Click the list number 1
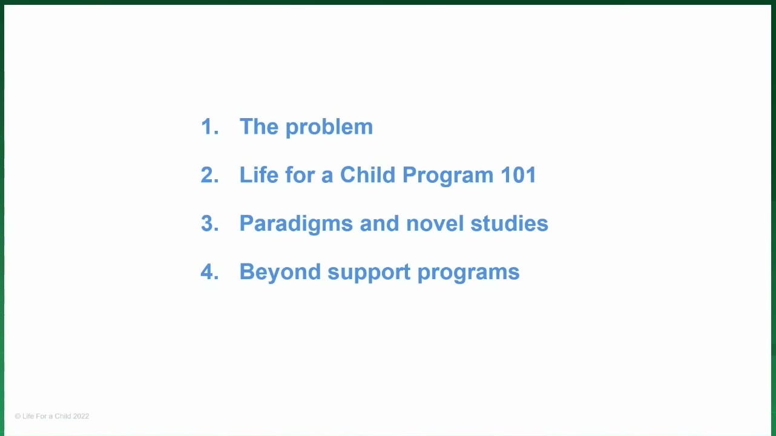(209, 126)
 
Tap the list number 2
(209, 174)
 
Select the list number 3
(209, 223)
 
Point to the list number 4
(209, 271)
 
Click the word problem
(329, 127)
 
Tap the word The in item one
(259, 126)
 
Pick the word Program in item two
(448, 176)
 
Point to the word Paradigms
(296, 224)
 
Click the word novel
(435, 223)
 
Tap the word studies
(509, 223)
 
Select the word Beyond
(280, 272)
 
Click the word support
(369, 274)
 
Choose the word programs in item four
(469, 274)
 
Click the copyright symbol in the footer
(18, 416)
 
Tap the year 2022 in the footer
(81, 416)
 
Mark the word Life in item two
(259, 174)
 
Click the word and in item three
(380, 223)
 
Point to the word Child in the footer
(63, 416)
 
